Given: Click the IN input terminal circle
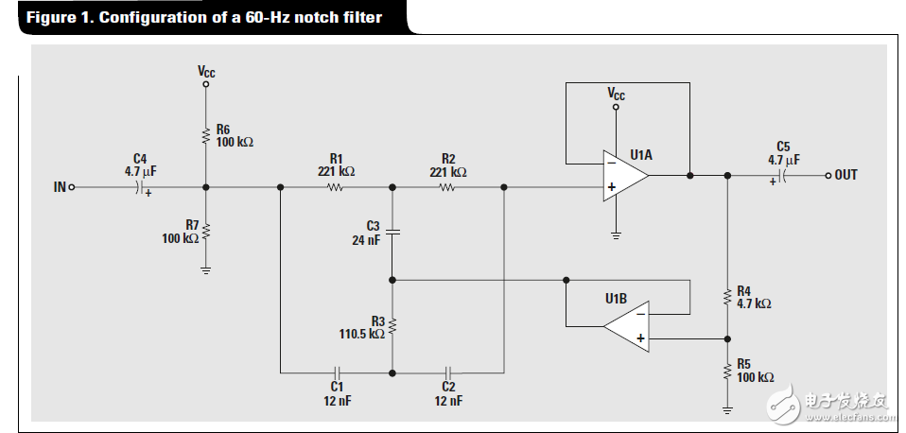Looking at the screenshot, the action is click(72, 187).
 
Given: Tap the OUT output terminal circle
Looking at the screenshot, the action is click(828, 176).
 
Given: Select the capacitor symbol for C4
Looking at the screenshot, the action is click(139, 187).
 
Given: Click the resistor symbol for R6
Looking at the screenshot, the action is click(205, 136).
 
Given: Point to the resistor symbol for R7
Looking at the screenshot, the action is click(205, 231).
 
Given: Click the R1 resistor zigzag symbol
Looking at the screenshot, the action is click(335, 187).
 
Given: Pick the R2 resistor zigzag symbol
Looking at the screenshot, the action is click(447, 187).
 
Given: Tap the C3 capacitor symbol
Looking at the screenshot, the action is click(392, 232).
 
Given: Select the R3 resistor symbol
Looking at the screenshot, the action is click(392, 326).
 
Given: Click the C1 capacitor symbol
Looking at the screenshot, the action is click(338, 372).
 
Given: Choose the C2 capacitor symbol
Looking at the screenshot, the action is click(448, 372).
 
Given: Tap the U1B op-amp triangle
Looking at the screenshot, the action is click(626, 326).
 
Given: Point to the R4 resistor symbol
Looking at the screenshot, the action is click(727, 297).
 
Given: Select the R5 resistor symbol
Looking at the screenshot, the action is click(727, 372).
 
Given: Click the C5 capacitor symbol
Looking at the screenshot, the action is click(783, 176).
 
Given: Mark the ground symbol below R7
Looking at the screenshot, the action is click(205, 270).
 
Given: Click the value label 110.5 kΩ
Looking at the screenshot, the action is click(361, 335).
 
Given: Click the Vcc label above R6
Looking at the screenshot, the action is click(206, 72).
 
